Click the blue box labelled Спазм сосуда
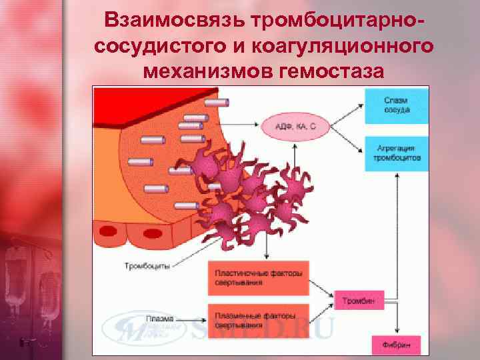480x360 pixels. point(396,105)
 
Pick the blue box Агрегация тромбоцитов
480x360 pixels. point(396,154)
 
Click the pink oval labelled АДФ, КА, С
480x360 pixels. point(294,125)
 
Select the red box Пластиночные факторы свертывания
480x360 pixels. point(258,277)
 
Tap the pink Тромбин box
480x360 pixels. point(359,301)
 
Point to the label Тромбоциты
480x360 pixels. point(146,267)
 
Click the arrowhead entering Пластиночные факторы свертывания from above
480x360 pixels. point(267,257)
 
